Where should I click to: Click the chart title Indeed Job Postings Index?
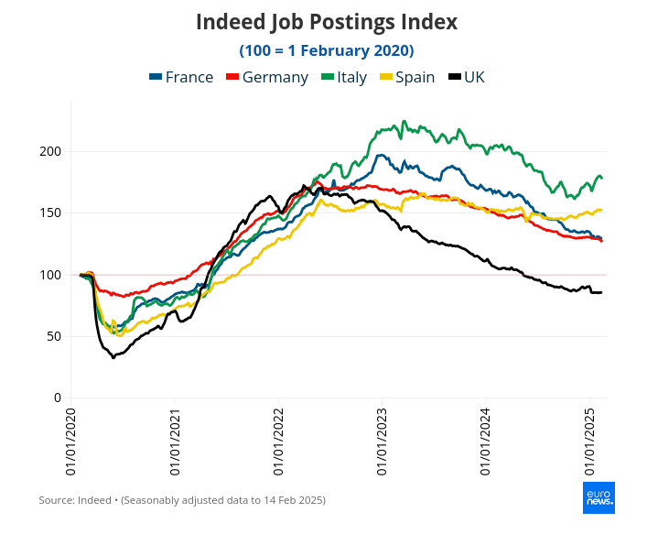[x=327, y=21]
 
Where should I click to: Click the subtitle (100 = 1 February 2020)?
[x=327, y=49]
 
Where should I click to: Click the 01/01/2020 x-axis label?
[x=70, y=442]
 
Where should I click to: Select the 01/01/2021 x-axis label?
[x=175, y=442]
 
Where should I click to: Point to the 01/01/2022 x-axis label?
[x=278, y=442]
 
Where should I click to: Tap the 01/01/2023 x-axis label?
[x=382, y=442]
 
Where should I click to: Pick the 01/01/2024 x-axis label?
[x=485, y=442]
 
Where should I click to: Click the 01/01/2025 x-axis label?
[x=589, y=442]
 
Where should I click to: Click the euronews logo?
[x=599, y=497]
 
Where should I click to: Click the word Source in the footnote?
[x=55, y=500]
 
